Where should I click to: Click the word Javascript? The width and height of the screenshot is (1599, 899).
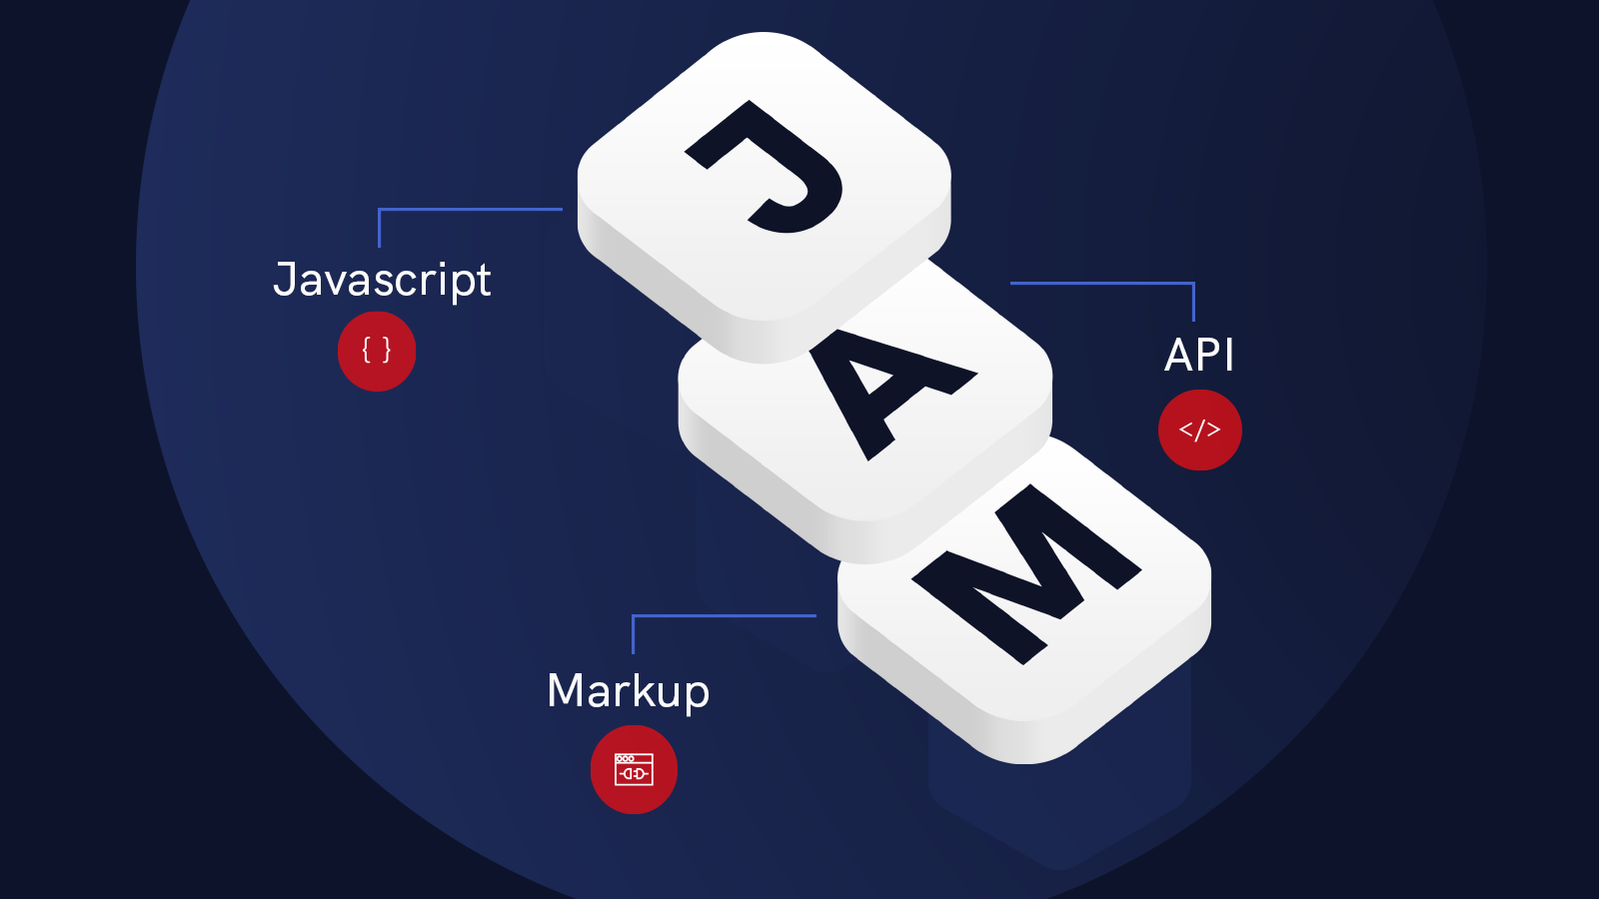[x=382, y=280]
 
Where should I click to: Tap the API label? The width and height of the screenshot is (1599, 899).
[x=1199, y=355]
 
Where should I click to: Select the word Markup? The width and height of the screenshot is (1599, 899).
[x=628, y=690]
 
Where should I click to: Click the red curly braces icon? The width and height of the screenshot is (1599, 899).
[x=377, y=351]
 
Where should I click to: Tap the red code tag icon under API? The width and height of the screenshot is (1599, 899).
[x=1199, y=430]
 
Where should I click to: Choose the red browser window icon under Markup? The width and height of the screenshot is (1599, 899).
[x=634, y=769]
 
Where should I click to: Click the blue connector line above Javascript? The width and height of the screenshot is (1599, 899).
[x=470, y=210]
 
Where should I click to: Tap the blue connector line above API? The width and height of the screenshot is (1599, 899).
[x=1099, y=284]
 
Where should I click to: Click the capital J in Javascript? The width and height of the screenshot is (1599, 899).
[x=285, y=279]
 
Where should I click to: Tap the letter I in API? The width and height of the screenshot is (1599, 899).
[x=1229, y=355]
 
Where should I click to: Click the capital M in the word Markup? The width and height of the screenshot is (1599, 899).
[x=567, y=690]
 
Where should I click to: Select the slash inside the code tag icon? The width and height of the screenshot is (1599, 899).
[x=1199, y=430]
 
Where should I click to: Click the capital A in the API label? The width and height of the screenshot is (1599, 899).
[x=1180, y=355]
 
